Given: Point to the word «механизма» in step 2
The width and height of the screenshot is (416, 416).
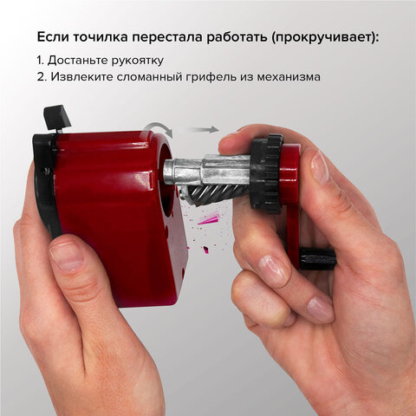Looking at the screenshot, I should point(287,76).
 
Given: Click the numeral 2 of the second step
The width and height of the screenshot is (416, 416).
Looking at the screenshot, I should point(41,76).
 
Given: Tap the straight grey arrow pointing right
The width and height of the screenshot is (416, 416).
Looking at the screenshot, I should point(204,129).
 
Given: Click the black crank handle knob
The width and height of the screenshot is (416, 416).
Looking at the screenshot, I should point(318,257).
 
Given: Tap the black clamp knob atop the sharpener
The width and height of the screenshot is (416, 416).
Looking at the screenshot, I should point(56,117).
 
